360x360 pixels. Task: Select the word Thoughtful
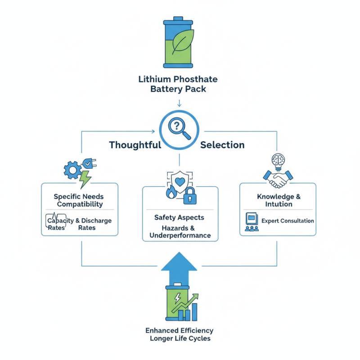tap(135, 145)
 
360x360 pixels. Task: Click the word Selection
tap(222, 145)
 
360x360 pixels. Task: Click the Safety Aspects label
tap(179, 217)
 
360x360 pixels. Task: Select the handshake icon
tap(276, 179)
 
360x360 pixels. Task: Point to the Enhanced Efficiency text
tap(179, 331)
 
